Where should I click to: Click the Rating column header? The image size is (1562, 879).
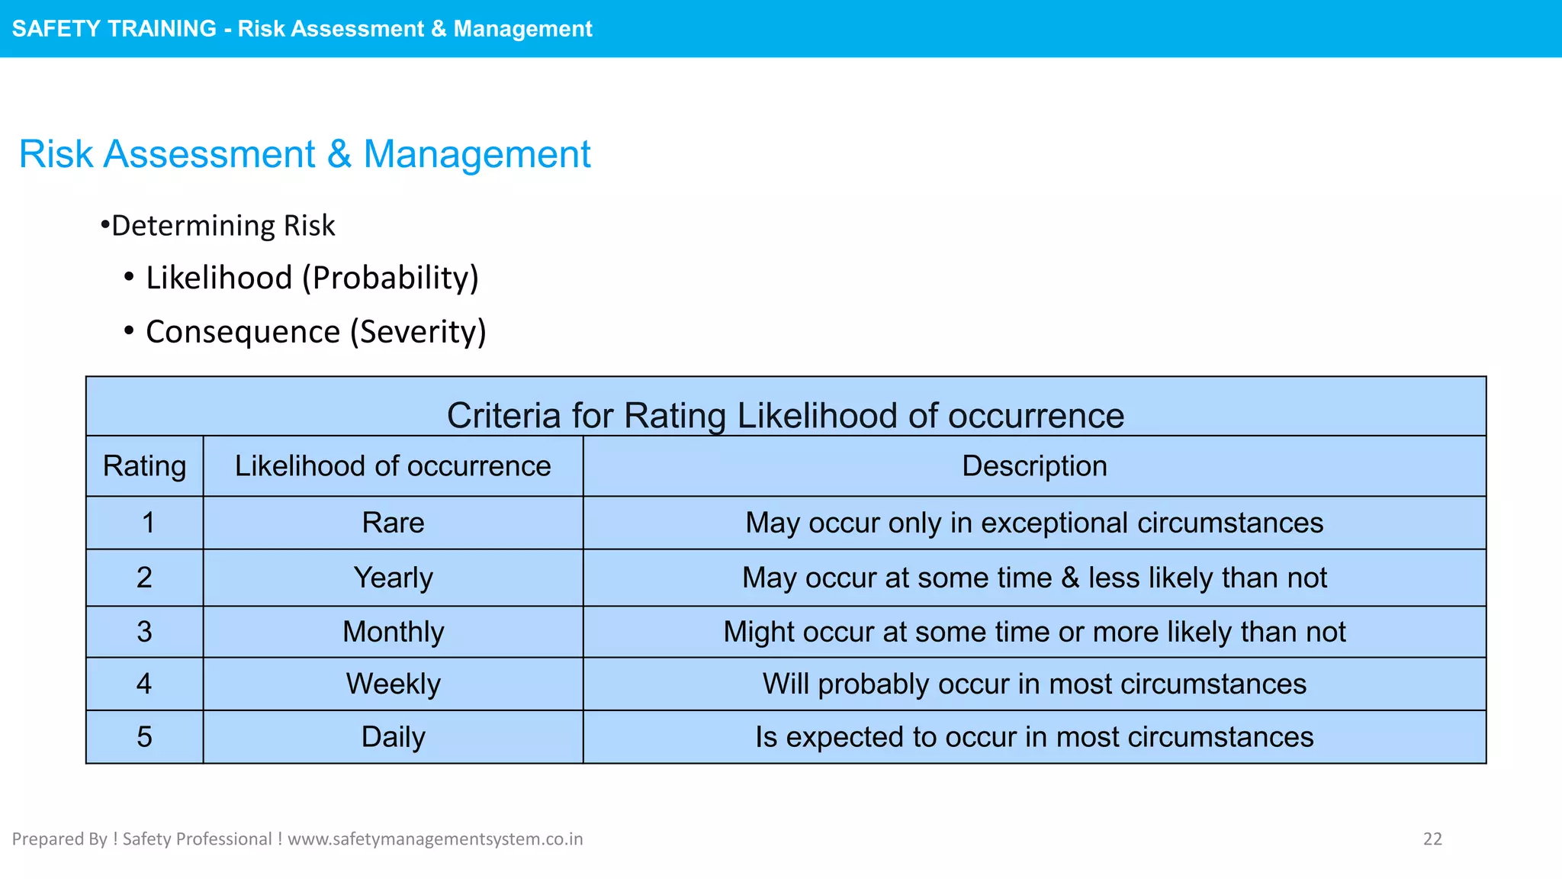pyautogui.click(x=144, y=466)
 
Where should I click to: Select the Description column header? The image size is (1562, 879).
pyautogui.click(x=1034, y=466)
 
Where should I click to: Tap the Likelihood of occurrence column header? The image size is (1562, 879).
pyautogui.click(x=393, y=466)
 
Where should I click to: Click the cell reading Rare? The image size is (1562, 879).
pyautogui.click(x=393, y=523)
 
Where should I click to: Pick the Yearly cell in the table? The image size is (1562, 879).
pyautogui.click(x=393, y=578)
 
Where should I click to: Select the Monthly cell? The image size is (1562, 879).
pyautogui.click(x=393, y=633)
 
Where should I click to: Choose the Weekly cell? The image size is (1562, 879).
pyautogui.click(x=393, y=684)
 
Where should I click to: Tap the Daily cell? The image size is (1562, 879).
pyautogui.click(x=393, y=737)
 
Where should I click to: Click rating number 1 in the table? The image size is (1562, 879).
pyautogui.click(x=147, y=523)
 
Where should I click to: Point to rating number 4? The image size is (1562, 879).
pyautogui.click(x=144, y=684)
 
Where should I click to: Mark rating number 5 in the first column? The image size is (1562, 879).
pyautogui.click(x=144, y=737)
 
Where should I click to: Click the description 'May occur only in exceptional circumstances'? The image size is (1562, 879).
pyautogui.click(x=1034, y=523)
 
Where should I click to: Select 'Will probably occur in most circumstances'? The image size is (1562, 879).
pyautogui.click(x=1034, y=684)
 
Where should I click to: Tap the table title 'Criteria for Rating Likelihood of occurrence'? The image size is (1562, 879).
pyautogui.click(x=786, y=416)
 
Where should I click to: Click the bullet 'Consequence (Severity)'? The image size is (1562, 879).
pyautogui.click(x=316, y=332)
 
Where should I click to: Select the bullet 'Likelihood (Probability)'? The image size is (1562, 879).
pyautogui.click(x=312, y=278)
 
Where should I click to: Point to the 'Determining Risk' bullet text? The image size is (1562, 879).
pyautogui.click(x=223, y=226)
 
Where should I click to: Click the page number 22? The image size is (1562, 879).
pyautogui.click(x=1432, y=839)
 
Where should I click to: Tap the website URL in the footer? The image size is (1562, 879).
pyautogui.click(x=435, y=839)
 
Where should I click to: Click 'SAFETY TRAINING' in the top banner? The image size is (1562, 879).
pyautogui.click(x=114, y=29)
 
